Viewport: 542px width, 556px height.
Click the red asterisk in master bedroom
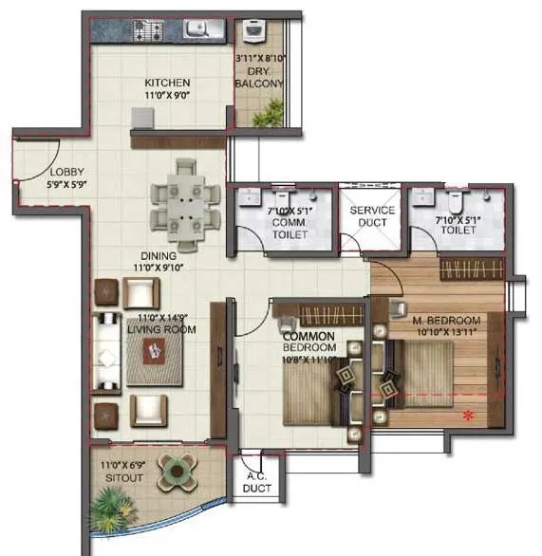[467, 414]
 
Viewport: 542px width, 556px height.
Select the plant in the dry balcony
[270, 114]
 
